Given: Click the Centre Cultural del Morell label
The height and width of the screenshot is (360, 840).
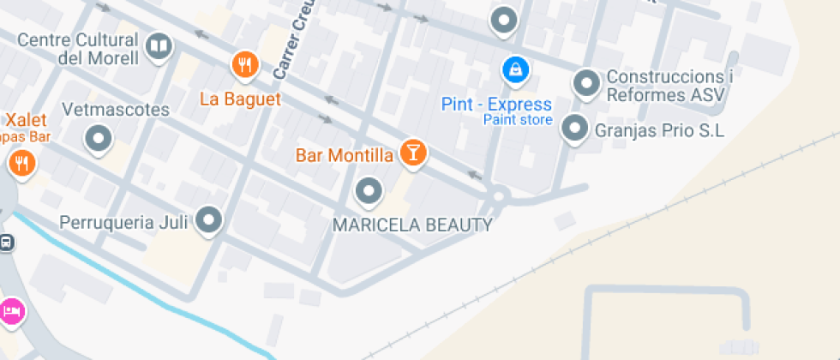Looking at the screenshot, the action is coord(78,49).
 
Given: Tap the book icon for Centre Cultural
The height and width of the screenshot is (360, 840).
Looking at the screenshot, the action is coord(159,46).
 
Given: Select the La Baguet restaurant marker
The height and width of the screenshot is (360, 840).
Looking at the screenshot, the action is coord(245,64).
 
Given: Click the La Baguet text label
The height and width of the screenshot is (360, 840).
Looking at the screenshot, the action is coord(240,99).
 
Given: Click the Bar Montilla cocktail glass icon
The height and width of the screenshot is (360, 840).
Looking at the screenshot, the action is coord(413,153).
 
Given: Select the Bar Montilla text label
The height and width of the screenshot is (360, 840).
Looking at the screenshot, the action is coord(344,156).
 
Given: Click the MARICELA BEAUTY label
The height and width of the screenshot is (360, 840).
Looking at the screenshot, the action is coord(412,225).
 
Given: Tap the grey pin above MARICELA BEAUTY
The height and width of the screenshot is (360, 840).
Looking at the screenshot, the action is coord(369,191).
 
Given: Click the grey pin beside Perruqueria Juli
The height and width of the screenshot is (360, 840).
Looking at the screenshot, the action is coord(209,220).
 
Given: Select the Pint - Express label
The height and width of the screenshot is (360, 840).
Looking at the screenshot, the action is coord(496,105).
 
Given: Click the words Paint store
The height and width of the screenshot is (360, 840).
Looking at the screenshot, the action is coord(518,120).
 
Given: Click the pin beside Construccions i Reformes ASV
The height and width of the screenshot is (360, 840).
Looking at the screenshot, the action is coord(587,83).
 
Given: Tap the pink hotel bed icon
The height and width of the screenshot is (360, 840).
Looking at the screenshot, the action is coord(11,310).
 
